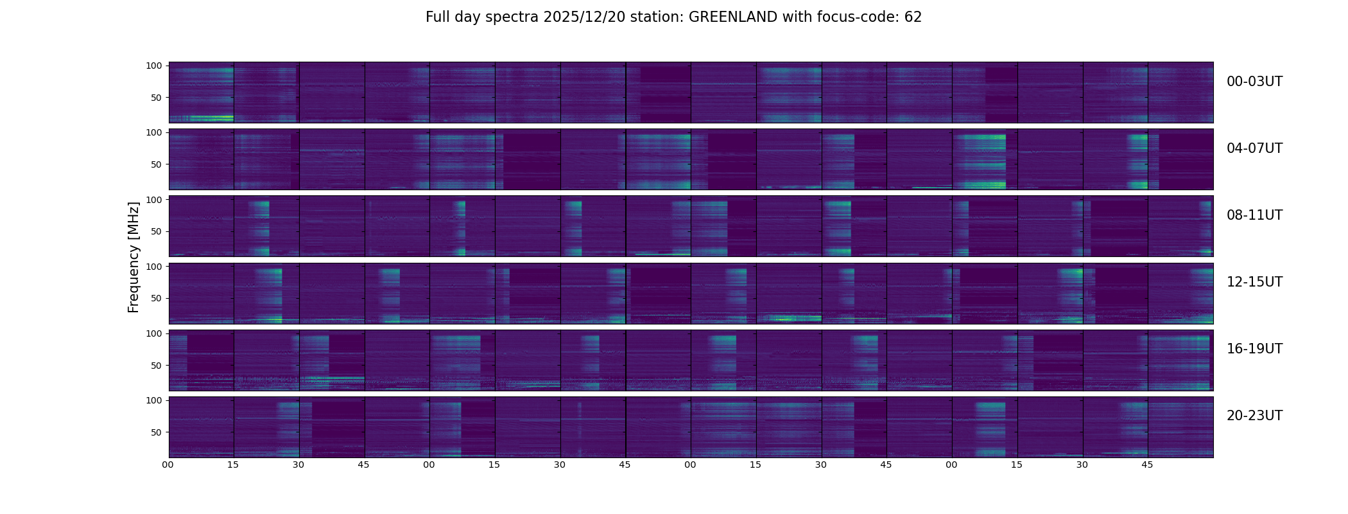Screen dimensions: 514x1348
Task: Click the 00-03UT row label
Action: tap(1254, 82)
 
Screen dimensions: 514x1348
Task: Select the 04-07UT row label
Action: tap(1254, 148)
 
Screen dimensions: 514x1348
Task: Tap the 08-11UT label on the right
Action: tap(1254, 215)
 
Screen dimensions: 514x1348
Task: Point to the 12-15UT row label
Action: tap(1254, 282)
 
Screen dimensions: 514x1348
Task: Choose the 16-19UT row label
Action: tap(1254, 349)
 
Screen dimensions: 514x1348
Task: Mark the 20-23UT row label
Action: tap(1254, 416)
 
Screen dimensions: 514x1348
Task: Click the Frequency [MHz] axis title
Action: tap(134, 257)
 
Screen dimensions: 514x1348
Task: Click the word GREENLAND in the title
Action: tap(733, 17)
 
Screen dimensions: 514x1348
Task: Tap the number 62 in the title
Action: tap(913, 17)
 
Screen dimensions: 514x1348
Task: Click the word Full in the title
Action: tap(437, 17)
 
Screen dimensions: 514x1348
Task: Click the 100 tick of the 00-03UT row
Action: tap(154, 66)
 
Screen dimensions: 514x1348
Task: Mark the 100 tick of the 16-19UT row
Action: tap(154, 333)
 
